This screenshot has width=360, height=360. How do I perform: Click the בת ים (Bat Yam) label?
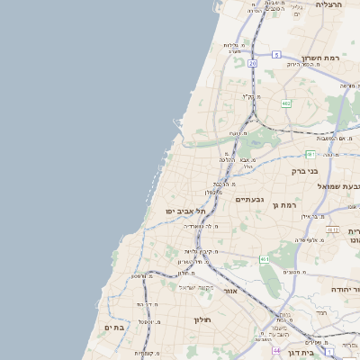(117, 328)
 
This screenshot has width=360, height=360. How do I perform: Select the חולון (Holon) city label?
(201, 319)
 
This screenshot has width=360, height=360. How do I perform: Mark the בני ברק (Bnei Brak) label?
(305, 170)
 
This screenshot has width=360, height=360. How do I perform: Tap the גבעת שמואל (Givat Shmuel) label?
(334, 185)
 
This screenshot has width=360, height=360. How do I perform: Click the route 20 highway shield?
(253, 64)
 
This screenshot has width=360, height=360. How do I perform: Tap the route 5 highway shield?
(276, 55)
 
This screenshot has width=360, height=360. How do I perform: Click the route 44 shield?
(276, 350)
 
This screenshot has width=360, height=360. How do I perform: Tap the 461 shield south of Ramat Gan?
(265, 259)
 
